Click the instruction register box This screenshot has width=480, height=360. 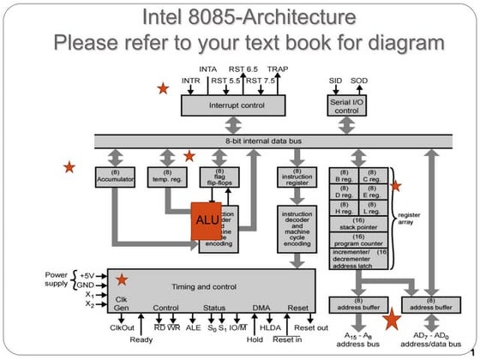(x=297, y=177)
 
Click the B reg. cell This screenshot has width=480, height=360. (x=345, y=177)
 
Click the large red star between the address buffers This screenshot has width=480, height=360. (x=392, y=320)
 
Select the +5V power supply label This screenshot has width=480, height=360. (x=87, y=276)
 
